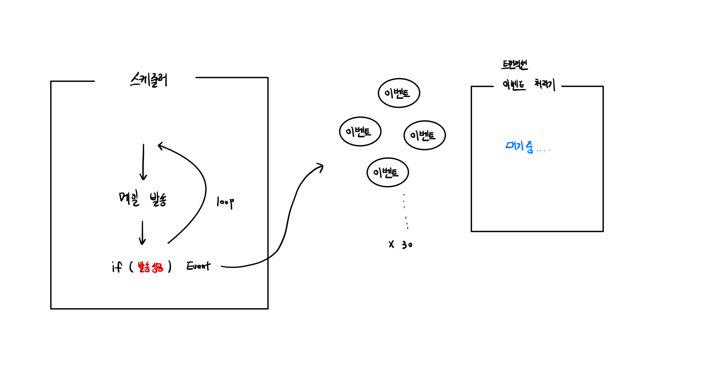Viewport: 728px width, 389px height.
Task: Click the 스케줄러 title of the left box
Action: pyautogui.click(x=149, y=80)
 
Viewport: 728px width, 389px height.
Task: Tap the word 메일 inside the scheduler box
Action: pyautogui.click(x=129, y=198)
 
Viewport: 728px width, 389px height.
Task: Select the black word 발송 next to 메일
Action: pyautogui.click(x=158, y=199)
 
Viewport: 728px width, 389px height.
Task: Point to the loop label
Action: pyautogui.click(x=225, y=202)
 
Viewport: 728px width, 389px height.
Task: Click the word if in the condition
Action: pyautogui.click(x=117, y=267)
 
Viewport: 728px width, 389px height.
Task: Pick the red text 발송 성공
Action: pyautogui.click(x=150, y=267)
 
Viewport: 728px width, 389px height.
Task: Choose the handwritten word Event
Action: pyautogui.click(x=198, y=266)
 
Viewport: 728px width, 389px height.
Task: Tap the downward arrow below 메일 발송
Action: pyautogui.click(x=142, y=233)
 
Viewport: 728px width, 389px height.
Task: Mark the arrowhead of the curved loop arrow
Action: pyautogui.click(x=160, y=146)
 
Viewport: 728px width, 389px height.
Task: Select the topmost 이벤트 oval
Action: pyautogui.click(x=399, y=93)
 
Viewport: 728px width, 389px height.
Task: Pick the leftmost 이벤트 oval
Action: pyautogui.click(x=360, y=131)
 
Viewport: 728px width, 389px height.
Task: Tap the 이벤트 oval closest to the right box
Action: pyautogui.click(x=425, y=135)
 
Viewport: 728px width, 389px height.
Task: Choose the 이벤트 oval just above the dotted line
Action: pyautogui.click(x=388, y=172)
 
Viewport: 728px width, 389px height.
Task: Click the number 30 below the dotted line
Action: pyautogui.click(x=407, y=245)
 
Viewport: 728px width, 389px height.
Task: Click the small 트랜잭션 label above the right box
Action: pyautogui.click(x=514, y=65)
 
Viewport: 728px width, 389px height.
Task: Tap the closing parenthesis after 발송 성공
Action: pyautogui.click(x=170, y=267)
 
